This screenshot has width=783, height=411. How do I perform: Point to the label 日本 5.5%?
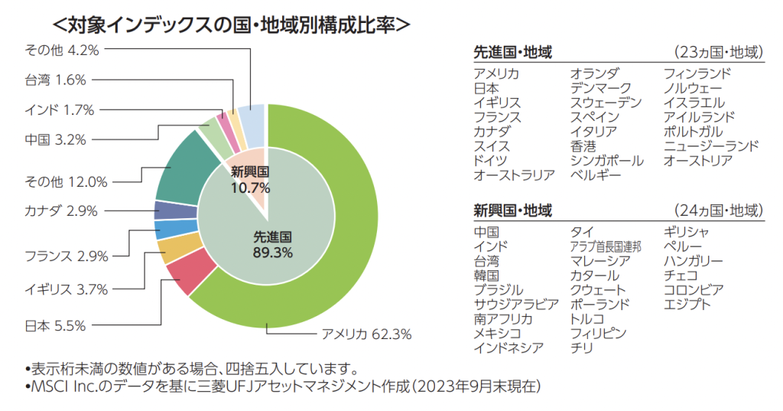click(x=55, y=325)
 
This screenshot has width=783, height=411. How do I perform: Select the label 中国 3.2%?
click(x=55, y=139)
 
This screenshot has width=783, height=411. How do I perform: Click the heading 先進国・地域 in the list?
click(x=513, y=53)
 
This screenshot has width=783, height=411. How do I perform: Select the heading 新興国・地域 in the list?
click(x=513, y=211)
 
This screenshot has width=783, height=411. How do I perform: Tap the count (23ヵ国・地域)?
click(x=719, y=53)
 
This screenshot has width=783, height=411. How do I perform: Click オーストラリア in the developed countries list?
click(x=514, y=175)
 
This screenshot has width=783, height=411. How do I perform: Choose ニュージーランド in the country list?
click(x=711, y=146)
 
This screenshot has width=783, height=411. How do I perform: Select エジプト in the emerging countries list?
click(x=687, y=305)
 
